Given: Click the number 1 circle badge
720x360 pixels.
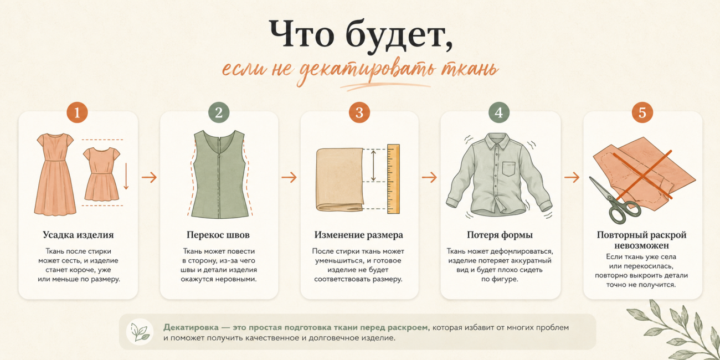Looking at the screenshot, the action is (77, 112).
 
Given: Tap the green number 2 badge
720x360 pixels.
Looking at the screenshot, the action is (219, 112).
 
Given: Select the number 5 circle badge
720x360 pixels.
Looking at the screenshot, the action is (642, 112).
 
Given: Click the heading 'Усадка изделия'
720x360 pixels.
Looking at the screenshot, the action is (78, 235).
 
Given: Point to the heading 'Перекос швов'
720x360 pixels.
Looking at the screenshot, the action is (218, 235).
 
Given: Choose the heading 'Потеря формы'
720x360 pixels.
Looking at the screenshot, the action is (500, 235).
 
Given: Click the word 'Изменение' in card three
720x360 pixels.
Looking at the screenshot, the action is (335, 235).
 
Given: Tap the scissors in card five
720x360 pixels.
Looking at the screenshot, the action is (613, 201).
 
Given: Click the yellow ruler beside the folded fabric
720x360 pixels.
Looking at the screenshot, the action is (393, 179).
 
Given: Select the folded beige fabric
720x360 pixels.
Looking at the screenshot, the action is (340, 179).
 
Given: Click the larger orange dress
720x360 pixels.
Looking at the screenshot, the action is (55, 174).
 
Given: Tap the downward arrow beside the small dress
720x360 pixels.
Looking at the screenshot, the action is (126, 176).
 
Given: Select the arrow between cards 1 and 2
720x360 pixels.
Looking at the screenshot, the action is (149, 177).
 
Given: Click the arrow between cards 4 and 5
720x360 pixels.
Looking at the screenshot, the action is (572, 177).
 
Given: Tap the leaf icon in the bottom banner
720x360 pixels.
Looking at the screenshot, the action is (140, 332).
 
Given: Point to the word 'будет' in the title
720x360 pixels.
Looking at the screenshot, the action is (399, 35).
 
